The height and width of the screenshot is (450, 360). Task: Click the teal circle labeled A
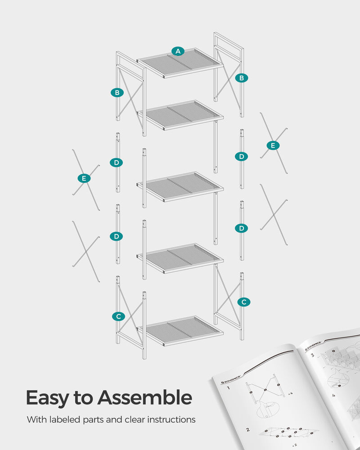pos(178,51)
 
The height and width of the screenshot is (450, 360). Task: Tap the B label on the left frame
pos(117,93)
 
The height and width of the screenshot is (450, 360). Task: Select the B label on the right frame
pos(242,78)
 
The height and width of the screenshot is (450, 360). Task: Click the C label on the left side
pos(118,316)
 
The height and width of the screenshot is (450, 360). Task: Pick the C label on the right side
pos(243,302)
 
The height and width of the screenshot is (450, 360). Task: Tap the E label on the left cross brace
pos(84,179)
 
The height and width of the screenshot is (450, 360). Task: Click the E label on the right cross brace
pos(273,145)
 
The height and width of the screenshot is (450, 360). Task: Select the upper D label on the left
pos(117,162)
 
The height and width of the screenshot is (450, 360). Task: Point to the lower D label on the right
pos(242,228)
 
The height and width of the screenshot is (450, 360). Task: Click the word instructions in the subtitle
pos(171,420)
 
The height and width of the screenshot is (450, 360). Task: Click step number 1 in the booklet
pos(229,387)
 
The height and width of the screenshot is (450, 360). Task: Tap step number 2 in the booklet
pos(248,430)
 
